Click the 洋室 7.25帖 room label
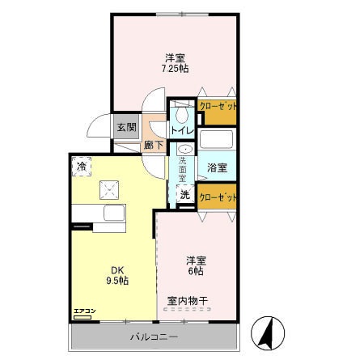coord(176,63)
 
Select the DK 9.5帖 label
coord(119,275)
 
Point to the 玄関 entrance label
coord(125,127)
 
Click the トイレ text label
coord(181,129)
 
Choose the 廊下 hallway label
coord(153,146)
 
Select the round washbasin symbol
coord(184,150)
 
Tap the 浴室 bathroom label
coord(217,168)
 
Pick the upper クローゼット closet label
coord(218,106)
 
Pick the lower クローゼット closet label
coord(218,197)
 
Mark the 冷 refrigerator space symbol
coord(83,166)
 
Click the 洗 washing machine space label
coord(184,195)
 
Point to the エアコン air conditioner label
coord(84,311)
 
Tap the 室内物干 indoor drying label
coord(188,301)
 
